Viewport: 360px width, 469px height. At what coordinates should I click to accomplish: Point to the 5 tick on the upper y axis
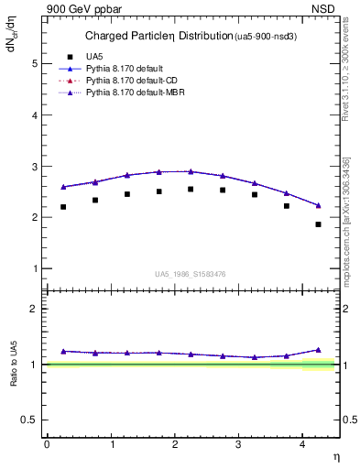36,63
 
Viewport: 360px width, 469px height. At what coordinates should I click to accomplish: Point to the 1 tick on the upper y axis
36,268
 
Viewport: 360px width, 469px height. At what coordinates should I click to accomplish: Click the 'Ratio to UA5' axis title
14,365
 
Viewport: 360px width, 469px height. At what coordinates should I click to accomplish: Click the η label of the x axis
335,455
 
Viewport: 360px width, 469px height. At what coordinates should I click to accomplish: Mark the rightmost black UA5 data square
319,224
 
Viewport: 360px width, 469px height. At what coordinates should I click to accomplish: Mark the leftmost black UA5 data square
63,207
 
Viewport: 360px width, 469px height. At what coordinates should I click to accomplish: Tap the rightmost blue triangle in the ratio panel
319,350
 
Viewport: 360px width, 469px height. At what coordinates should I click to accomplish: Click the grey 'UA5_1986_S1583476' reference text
191,274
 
